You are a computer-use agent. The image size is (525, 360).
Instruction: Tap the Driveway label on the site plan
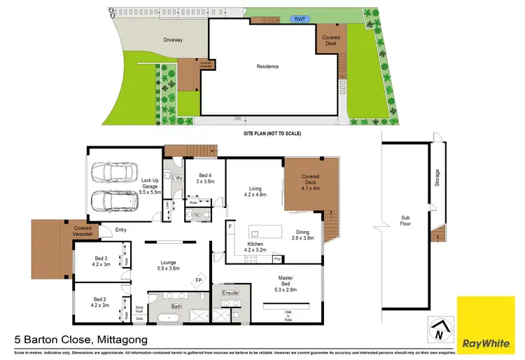(173, 40)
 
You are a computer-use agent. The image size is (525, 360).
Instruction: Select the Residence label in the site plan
(267, 67)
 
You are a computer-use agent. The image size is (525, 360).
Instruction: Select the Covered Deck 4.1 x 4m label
(310, 182)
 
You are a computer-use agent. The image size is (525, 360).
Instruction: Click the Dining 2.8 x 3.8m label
(303, 235)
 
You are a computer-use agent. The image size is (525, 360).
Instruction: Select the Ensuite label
(231, 291)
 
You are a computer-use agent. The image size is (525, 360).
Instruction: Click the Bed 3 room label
(102, 261)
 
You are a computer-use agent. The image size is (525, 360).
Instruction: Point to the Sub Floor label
(405, 220)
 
